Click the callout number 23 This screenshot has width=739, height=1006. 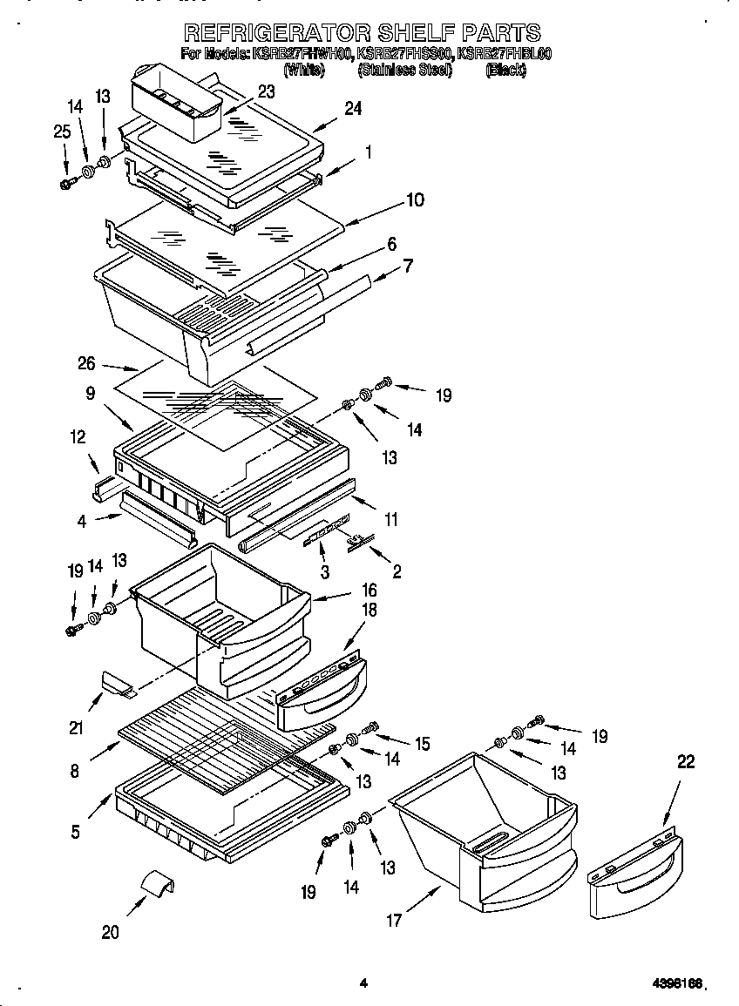(267, 91)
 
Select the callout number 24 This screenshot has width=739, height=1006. (352, 109)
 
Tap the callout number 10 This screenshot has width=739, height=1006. (415, 200)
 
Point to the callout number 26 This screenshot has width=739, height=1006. (111, 365)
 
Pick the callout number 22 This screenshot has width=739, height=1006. (686, 762)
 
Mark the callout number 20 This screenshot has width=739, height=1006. (110, 932)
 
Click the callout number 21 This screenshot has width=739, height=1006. (76, 725)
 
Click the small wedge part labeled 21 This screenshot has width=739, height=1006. (118, 685)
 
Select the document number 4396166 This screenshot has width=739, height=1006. (676, 983)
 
